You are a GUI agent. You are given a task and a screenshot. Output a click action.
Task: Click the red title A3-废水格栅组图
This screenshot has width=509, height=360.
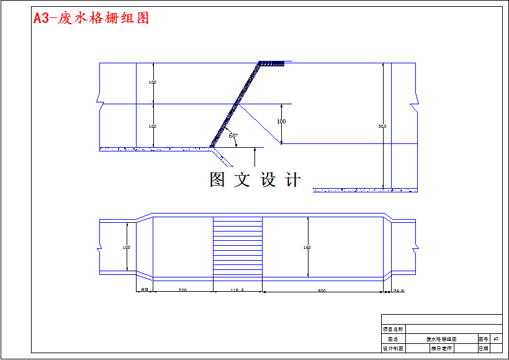click(91, 18)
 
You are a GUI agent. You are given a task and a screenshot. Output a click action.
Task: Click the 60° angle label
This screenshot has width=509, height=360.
click(233, 135)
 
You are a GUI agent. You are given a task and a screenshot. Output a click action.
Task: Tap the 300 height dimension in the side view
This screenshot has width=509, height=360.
click(382, 126)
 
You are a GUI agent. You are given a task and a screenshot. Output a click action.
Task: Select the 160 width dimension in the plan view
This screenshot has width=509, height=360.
click(307, 248)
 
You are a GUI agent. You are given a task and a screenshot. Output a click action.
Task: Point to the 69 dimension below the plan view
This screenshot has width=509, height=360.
click(144, 290)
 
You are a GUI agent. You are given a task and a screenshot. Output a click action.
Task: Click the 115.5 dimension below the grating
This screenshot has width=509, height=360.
click(237, 290)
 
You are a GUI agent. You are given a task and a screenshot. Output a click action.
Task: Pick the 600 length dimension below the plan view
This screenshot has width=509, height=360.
click(322, 290)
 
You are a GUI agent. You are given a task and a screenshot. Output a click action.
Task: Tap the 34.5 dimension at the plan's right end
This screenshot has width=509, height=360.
click(399, 290)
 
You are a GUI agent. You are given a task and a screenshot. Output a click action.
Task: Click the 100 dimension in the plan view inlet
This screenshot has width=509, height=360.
click(126, 248)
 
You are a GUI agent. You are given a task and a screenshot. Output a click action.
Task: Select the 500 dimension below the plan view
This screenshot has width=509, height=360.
click(182, 290)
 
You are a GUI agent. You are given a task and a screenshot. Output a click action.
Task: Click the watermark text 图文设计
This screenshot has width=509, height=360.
click(255, 180)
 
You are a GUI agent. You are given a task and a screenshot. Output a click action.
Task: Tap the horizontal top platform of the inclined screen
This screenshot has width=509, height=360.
click(271, 63)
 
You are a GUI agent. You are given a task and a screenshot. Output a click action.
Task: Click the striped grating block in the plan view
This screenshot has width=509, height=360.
click(238, 248)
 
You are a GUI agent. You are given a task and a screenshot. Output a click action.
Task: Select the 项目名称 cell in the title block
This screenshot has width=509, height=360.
click(392, 329)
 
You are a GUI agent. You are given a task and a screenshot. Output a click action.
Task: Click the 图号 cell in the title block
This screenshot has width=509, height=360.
click(483, 339)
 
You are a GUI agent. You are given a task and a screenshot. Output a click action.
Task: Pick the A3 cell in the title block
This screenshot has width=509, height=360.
click(496, 339)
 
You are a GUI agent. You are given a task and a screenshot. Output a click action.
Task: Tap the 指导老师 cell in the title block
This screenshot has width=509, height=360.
click(441, 349)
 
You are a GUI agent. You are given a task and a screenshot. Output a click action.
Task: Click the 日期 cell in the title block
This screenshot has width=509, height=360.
click(483, 349)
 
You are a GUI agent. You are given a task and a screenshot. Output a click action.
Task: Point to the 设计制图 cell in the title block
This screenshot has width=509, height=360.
click(392, 349)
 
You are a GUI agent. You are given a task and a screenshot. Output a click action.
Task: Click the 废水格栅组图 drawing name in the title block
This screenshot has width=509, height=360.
click(441, 339)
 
